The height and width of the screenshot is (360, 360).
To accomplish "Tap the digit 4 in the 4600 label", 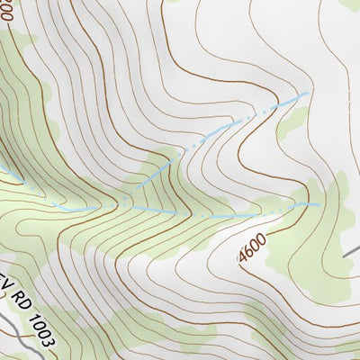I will (x=244, y=256).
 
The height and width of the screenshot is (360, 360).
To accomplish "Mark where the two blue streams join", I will (x=117, y=206).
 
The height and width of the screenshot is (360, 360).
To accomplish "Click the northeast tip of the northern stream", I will (x=309, y=92).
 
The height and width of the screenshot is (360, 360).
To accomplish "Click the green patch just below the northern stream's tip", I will (x=292, y=121).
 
